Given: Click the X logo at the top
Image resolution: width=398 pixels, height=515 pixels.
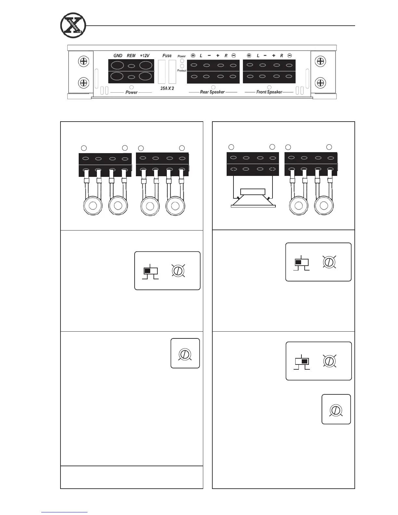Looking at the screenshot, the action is tap(73, 25).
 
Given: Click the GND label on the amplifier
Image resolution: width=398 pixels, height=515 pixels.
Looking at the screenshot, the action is tap(118, 56).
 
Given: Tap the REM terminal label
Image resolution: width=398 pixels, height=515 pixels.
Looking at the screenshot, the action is tap(131, 56).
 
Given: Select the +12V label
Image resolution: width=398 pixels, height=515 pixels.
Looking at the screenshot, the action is tap(145, 56).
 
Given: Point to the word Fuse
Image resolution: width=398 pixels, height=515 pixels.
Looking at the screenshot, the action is tap(167, 56).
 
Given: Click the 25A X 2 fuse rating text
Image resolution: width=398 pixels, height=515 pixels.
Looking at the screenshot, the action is tap(167, 88).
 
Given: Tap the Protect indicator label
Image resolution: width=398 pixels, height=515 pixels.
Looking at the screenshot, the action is tap(182, 71).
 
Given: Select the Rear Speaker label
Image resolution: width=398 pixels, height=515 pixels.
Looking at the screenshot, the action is tap(212, 92).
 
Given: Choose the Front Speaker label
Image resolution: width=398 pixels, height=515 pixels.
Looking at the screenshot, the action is tap(269, 92).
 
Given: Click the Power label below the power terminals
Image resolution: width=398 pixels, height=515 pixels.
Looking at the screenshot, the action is tap(131, 92).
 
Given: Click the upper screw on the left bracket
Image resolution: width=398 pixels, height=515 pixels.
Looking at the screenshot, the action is tap(84, 61).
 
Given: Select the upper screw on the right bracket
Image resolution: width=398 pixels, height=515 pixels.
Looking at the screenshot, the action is tap(321, 61).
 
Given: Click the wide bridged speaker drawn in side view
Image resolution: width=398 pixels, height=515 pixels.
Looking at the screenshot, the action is tap(253, 198).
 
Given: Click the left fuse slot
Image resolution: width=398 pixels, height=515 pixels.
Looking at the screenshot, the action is tap(162, 72).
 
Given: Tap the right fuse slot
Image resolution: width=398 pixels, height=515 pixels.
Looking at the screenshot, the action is tap(172, 72).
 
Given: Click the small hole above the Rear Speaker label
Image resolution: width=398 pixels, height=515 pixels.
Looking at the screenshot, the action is tap(213, 87).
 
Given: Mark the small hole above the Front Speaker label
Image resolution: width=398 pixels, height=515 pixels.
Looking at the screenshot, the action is tap(269, 87).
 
